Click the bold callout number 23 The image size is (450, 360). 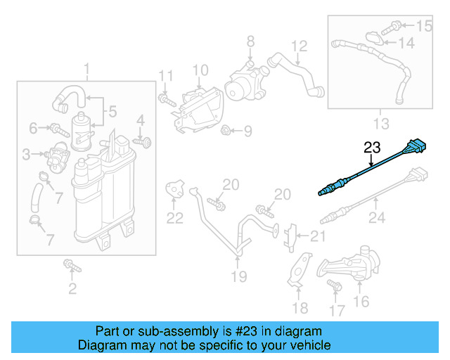tap(371, 148)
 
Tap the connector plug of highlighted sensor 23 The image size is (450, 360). tap(416, 148)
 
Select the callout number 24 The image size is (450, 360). tap(377, 219)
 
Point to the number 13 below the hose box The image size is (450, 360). tap(380, 124)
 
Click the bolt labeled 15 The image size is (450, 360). tap(397, 27)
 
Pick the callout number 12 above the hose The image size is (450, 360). tap(300, 46)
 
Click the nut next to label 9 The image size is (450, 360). tap(226, 130)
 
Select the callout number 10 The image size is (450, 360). tap(200, 70)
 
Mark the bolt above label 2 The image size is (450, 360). tap(71, 265)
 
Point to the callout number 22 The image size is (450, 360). tap(174, 218)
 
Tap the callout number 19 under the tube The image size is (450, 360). tap(239, 276)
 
